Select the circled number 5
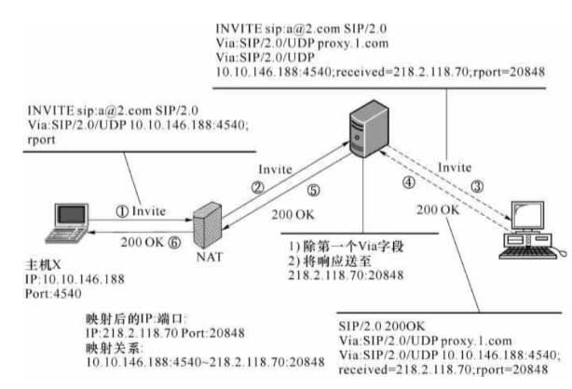pos(313,192)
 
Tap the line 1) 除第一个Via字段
pos(337,246)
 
